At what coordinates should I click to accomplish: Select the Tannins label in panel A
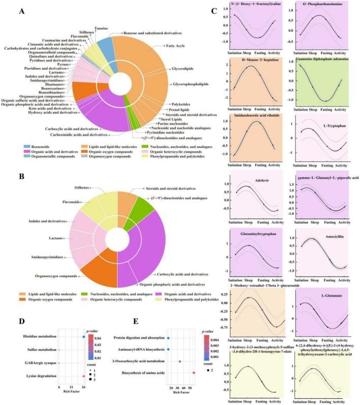pyautogui.click(x=102, y=28)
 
